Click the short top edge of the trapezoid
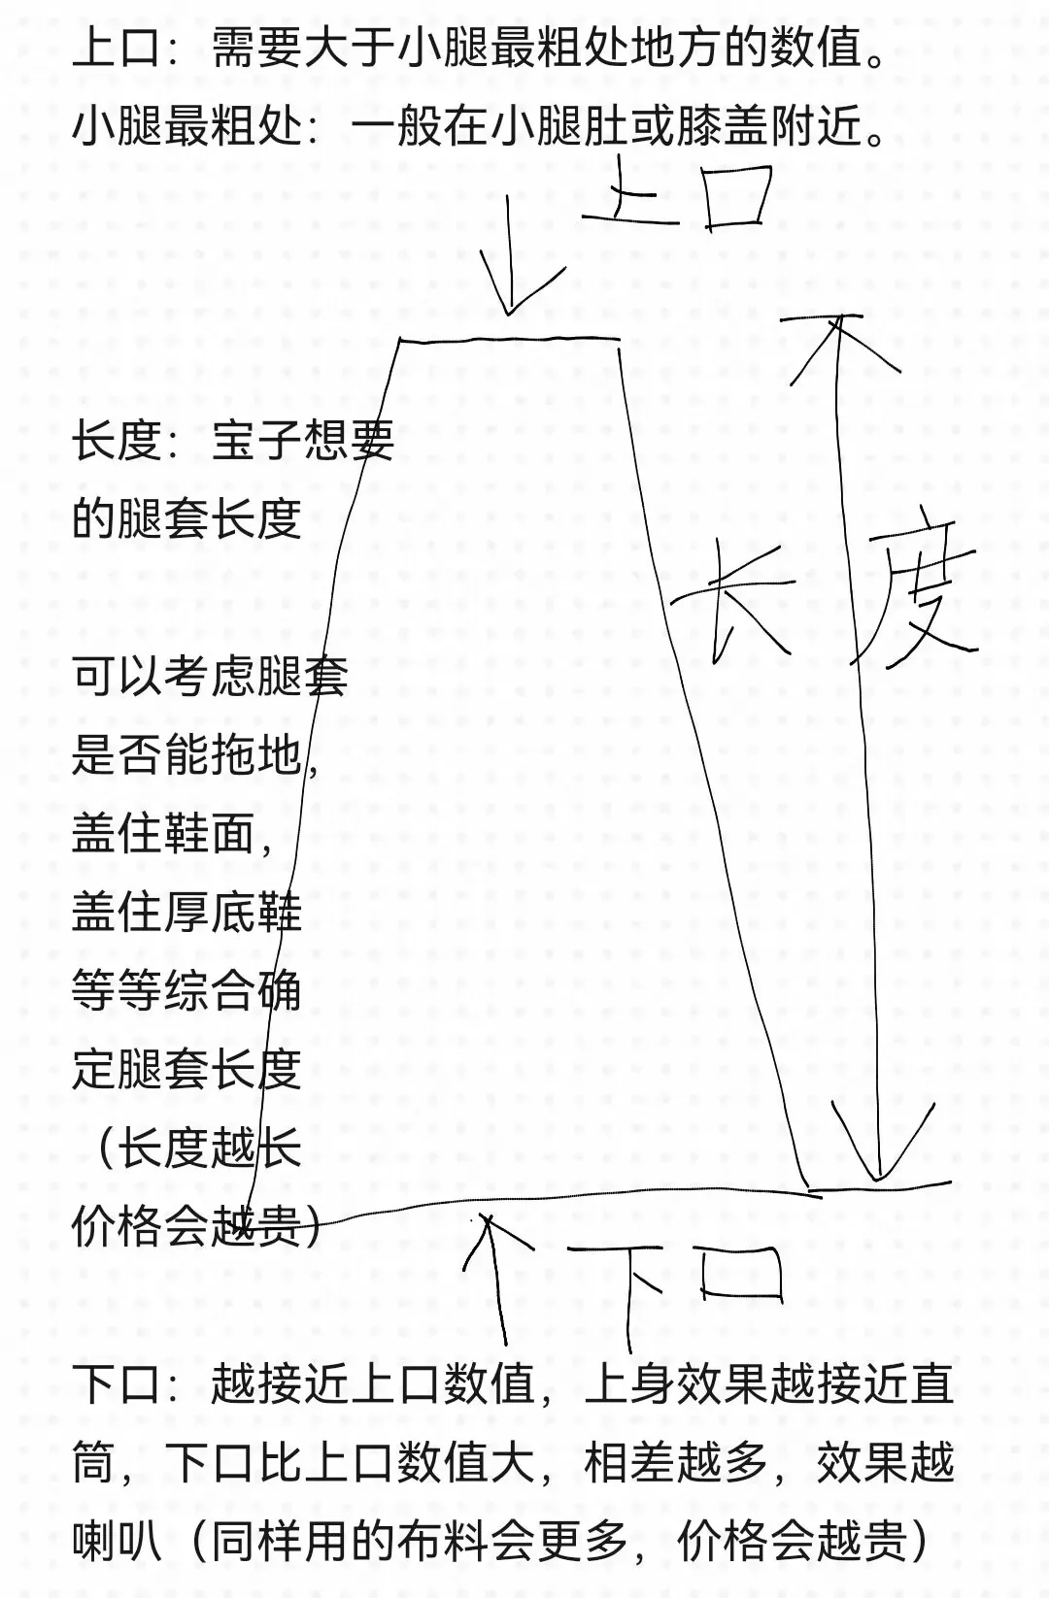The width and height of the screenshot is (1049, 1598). (510, 340)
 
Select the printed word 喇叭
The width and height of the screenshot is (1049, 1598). (118, 1541)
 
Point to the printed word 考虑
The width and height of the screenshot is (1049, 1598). (211, 676)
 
